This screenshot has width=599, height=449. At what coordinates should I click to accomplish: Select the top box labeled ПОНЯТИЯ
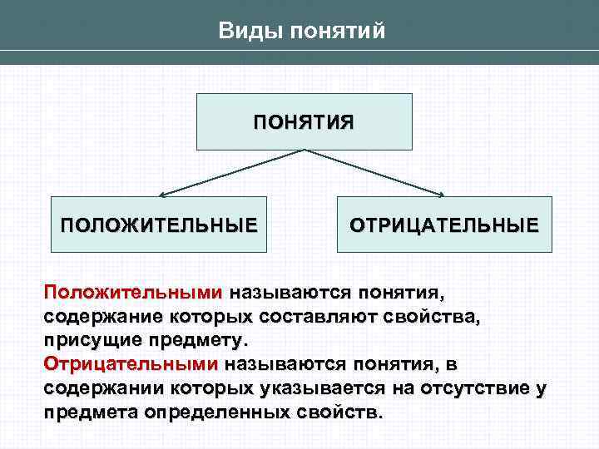[304, 121]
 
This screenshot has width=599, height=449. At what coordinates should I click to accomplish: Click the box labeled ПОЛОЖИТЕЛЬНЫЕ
[159, 224]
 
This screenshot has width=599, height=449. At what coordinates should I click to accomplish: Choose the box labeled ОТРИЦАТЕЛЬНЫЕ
[443, 224]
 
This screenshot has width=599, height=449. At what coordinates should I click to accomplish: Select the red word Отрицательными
[131, 364]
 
